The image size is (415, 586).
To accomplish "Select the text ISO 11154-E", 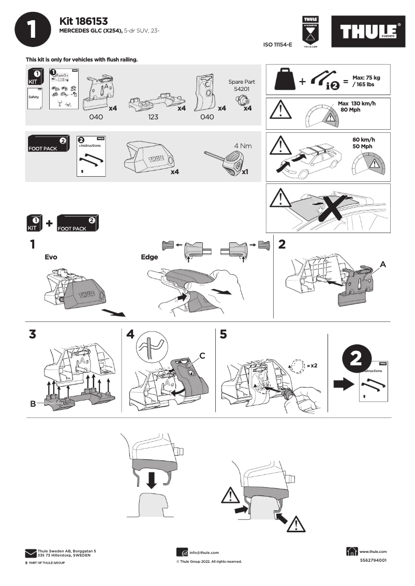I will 278,45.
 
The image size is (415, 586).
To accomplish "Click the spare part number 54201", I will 242,89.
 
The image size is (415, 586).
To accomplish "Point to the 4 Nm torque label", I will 242,146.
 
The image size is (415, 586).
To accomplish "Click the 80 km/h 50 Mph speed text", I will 362,143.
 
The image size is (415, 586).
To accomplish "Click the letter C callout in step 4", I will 203,356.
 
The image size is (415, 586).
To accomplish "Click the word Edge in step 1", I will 149,257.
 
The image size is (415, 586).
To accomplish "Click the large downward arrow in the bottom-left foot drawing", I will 151,479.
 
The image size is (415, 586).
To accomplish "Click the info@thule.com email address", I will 204,552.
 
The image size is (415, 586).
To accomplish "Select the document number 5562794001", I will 373,561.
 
